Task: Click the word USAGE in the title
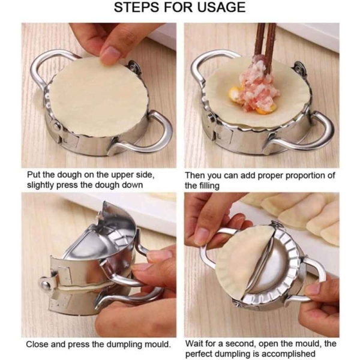(214, 8)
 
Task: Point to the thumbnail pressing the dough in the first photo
(110, 55)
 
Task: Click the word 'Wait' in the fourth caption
(196, 344)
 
